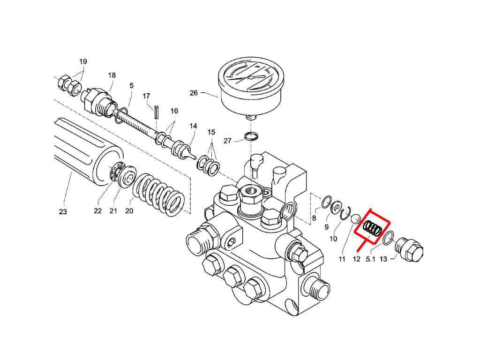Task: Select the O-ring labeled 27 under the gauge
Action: [x=252, y=137]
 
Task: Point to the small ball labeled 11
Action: [x=356, y=219]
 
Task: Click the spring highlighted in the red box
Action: [x=373, y=229]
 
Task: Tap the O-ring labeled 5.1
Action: [x=388, y=238]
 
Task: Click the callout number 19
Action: [x=83, y=62]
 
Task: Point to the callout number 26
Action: [x=194, y=93]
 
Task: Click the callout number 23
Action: [x=63, y=212]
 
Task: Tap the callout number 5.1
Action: [x=371, y=259]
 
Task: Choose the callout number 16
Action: [x=174, y=111]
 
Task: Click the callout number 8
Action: [x=314, y=218]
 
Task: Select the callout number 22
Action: [x=97, y=211]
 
